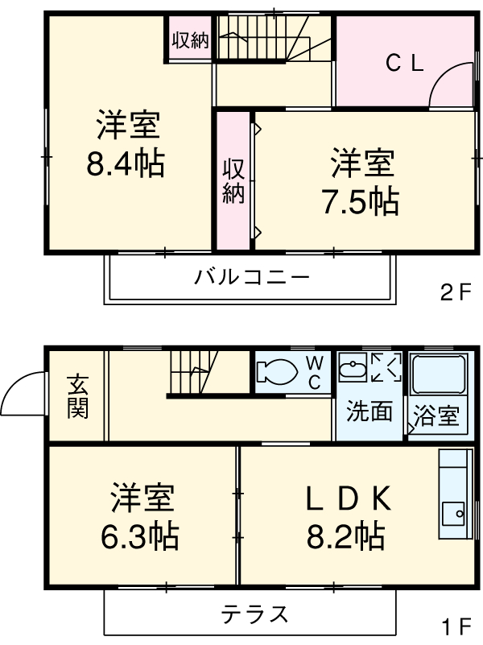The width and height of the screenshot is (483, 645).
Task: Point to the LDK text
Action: pyautogui.click(x=348, y=500)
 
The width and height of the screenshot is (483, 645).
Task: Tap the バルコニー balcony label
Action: pyautogui.click(x=251, y=279)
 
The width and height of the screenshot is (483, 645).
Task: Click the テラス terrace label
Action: pyautogui.click(x=254, y=615)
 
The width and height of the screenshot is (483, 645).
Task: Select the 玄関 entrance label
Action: pyautogui.click(x=77, y=395)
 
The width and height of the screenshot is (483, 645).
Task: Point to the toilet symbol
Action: pyautogui.click(x=276, y=372)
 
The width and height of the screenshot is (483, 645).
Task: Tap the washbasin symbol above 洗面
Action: pyautogui.click(x=353, y=370)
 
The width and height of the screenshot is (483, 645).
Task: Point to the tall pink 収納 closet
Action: pyautogui.click(x=233, y=180)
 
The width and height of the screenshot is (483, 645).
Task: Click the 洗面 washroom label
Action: pyautogui.click(x=369, y=411)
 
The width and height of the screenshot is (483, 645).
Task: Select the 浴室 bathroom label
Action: pyautogui.click(x=436, y=416)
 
